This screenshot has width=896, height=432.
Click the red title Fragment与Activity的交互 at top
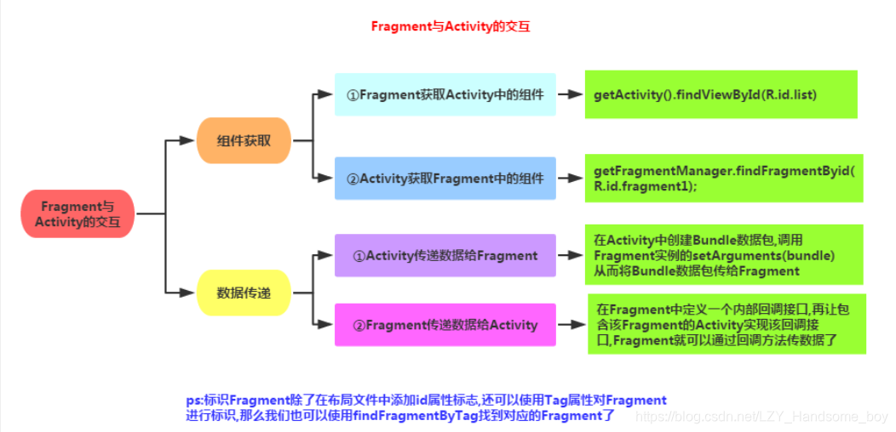point(451,26)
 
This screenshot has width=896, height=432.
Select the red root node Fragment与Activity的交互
point(78,214)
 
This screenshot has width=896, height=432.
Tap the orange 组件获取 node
point(244,140)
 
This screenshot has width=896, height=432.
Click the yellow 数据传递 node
point(244,293)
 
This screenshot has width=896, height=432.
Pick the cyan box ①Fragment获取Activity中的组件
point(445,95)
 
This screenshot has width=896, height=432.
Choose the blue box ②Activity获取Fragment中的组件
point(445,179)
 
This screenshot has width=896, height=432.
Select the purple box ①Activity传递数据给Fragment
point(445,255)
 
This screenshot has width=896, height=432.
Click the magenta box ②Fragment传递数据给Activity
point(445,325)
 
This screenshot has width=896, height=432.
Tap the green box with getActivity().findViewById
point(720,94)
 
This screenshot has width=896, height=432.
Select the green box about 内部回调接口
point(727,324)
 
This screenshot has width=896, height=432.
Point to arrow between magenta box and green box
point(570,325)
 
